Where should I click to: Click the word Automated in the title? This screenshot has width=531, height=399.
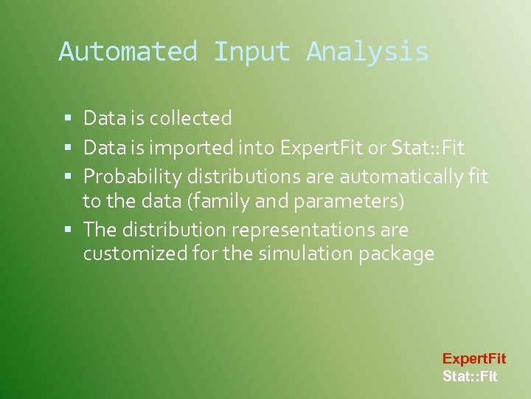(x=128, y=52)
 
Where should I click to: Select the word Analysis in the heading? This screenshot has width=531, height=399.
(x=367, y=52)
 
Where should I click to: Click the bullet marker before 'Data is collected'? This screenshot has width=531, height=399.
(x=68, y=118)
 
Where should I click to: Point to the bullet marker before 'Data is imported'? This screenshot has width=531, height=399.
(x=68, y=149)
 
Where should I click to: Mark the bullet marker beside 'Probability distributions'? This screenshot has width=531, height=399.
(x=68, y=177)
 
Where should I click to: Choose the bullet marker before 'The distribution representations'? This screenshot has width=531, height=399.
(x=68, y=231)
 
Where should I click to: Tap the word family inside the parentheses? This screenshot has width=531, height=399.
(x=218, y=201)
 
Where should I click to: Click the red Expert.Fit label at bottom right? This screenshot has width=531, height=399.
(x=473, y=359)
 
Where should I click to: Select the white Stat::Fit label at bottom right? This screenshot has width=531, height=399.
(x=470, y=377)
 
